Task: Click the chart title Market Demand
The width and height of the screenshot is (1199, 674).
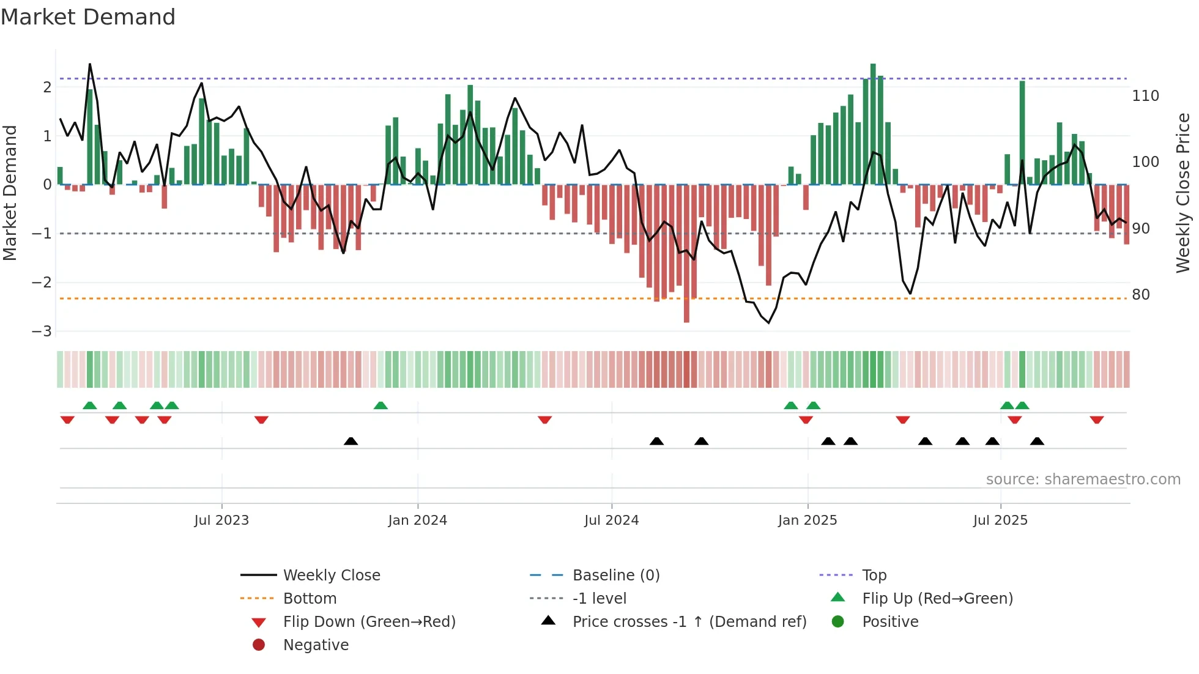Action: (88, 17)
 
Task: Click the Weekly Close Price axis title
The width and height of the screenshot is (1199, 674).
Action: (1183, 193)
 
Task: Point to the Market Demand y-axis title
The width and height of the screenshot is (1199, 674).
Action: (10, 193)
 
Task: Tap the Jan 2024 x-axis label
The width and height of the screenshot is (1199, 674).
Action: (417, 520)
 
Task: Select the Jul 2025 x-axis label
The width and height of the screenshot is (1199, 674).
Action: (1000, 520)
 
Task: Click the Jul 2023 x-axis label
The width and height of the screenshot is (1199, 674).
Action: (221, 520)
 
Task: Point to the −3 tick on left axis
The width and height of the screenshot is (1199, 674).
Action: (42, 331)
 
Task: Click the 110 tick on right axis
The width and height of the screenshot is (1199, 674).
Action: (1145, 96)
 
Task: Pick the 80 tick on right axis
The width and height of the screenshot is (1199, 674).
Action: (1141, 295)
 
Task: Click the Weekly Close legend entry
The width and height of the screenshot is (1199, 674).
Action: (331, 576)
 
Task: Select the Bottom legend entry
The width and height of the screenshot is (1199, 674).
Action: (310, 599)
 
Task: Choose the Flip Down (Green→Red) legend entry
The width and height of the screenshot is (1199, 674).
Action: (369, 622)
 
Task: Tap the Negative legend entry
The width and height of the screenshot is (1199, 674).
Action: (316, 645)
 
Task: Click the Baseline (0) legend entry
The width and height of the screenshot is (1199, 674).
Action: (615, 576)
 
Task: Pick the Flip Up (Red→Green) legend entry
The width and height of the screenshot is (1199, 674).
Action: (937, 599)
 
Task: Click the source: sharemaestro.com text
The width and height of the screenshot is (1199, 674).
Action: (1083, 480)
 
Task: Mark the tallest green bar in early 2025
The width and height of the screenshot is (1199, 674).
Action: (873, 122)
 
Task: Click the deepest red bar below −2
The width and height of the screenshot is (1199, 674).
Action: (686, 254)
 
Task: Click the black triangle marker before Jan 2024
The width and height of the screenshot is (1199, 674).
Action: (351, 441)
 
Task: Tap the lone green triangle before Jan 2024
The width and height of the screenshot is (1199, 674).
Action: (380, 406)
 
